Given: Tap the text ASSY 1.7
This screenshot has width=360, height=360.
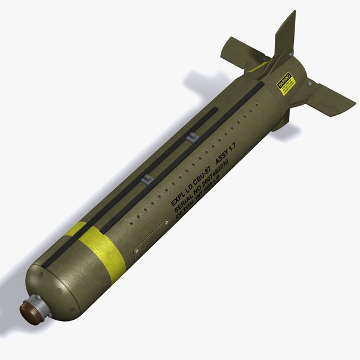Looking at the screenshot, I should pyautogui.click(x=226, y=152).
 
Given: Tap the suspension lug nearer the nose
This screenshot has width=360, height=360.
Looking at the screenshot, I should pyautogui.click(x=146, y=178).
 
